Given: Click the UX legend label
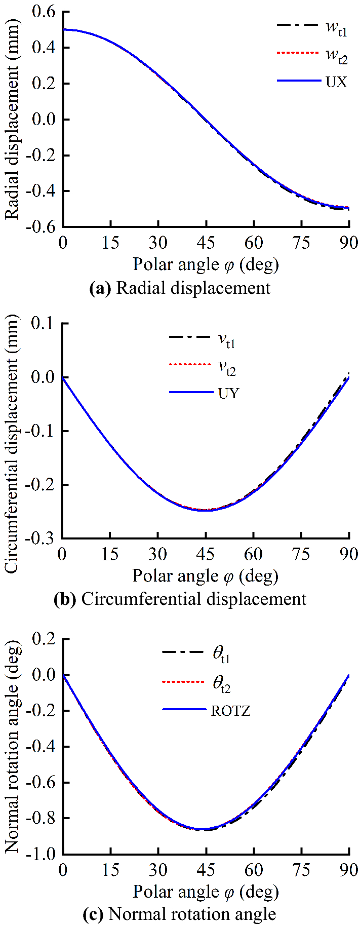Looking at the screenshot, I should (336, 81).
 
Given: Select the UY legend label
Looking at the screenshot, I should (228, 393).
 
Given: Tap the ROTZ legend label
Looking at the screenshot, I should (231, 711).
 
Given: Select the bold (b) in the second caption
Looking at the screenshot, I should (64, 599).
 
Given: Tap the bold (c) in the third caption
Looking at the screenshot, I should (93, 914).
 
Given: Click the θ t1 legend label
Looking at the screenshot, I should (221, 654).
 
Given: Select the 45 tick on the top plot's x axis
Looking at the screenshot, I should (206, 243).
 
